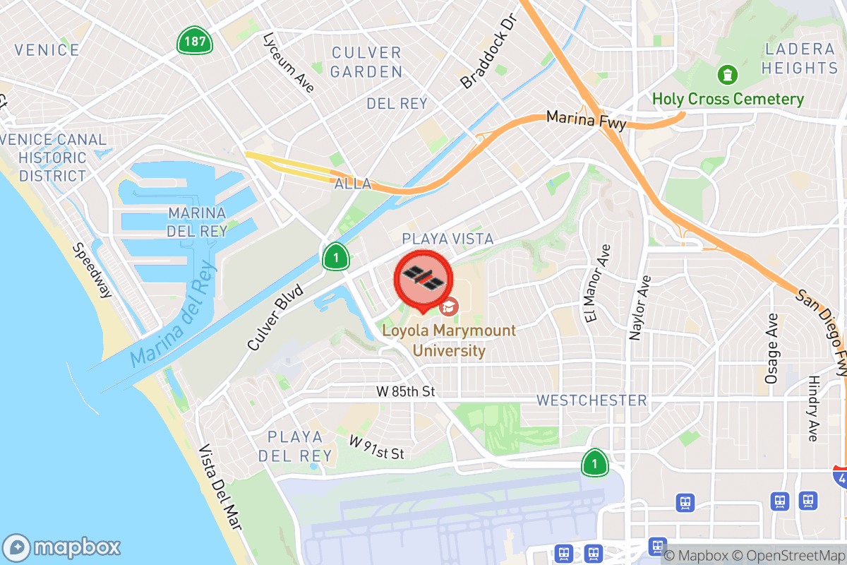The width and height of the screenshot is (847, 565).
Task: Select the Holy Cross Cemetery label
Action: point(728,99)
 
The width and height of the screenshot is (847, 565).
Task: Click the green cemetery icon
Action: point(727,73)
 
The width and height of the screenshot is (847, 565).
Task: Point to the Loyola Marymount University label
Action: point(449,340)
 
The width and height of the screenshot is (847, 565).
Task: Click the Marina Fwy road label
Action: point(587,120)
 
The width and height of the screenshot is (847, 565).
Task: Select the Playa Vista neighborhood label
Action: point(447,239)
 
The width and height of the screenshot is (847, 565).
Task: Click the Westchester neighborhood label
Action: point(591,400)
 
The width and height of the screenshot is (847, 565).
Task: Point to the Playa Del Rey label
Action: point(295,446)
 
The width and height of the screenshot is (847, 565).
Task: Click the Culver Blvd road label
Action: point(275,317)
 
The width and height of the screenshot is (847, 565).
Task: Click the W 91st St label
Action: point(377,447)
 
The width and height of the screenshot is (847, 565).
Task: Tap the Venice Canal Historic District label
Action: point(53,157)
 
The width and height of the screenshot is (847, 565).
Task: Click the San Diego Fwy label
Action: point(822,332)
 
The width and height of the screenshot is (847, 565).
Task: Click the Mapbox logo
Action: point(62,547)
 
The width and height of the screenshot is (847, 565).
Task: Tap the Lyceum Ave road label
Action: point(287,62)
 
